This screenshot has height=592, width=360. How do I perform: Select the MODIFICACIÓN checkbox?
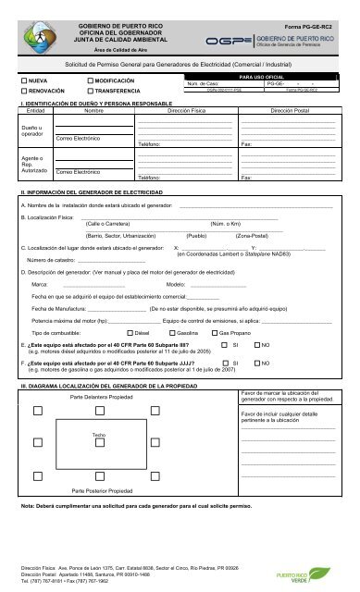(x=90, y=81)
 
